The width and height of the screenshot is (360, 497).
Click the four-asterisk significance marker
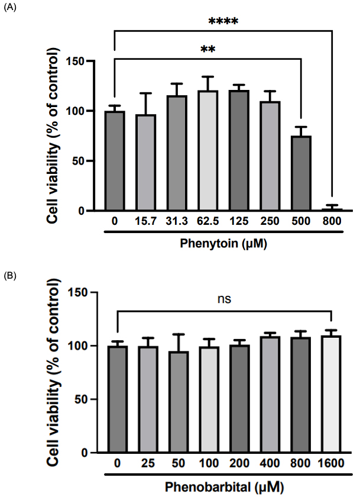(x=223, y=22)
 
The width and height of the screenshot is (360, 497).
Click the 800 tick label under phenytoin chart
(x=332, y=222)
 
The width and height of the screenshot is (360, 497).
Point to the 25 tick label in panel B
(x=147, y=464)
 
